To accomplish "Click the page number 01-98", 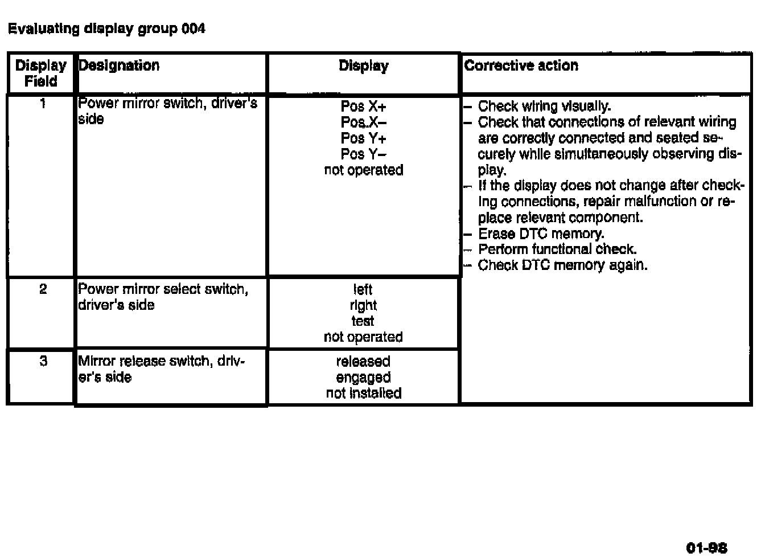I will pos(706,548).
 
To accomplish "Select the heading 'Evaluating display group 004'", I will pos(106,28).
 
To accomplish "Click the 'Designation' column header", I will pos(119,65).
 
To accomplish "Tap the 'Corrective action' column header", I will pos(521,65).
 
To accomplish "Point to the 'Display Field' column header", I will pos(41,73).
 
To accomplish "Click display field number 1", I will pos(42,103).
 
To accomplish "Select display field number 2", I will pos(43,289).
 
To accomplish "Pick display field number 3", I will pos(43,361).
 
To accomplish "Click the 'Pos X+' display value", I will pos(363,107).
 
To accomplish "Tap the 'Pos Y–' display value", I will pos(363,154).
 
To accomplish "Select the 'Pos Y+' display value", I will pos(363,138).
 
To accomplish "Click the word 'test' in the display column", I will pos(363,321).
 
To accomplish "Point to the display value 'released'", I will pos(363,362).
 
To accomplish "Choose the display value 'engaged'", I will pos(363,378).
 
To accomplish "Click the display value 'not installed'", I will pos(363,394).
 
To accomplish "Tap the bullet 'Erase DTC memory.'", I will pos(541,234).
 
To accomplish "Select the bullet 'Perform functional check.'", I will pos(557,249).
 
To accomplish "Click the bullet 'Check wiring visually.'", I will pos(544,107).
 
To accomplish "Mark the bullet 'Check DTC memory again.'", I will pos(562,265).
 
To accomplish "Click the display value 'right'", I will pos(363,305).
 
